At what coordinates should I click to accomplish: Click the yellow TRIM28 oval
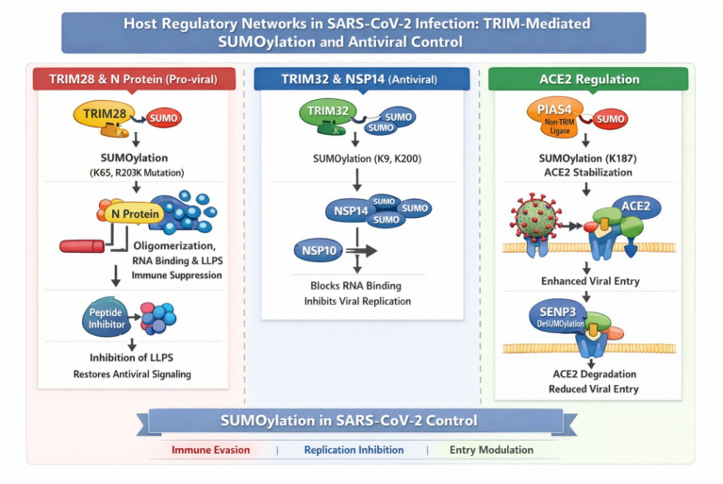click(105, 113)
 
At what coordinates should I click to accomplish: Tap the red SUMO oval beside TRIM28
click(164, 118)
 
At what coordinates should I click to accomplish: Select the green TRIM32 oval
click(328, 111)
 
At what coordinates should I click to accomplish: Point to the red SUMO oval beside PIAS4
click(610, 119)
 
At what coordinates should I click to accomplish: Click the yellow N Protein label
click(135, 213)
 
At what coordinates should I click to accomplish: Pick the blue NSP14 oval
click(351, 210)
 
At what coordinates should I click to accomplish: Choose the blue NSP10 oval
click(319, 251)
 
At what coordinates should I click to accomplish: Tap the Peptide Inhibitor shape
click(107, 317)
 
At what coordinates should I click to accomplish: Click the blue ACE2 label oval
click(636, 207)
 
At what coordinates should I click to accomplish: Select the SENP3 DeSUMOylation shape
click(559, 316)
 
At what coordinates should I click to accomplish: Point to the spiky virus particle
click(534, 218)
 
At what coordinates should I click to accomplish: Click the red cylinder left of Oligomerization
click(82, 246)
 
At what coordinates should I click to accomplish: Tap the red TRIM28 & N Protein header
click(134, 79)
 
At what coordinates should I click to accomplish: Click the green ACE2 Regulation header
click(588, 79)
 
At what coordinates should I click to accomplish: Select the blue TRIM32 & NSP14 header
click(362, 79)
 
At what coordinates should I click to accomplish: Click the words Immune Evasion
click(211, 450)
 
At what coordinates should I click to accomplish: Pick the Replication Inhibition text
click(353, 450)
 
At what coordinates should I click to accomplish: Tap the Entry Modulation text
click(491, 450)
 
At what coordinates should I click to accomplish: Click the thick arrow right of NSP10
click(361, 251)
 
